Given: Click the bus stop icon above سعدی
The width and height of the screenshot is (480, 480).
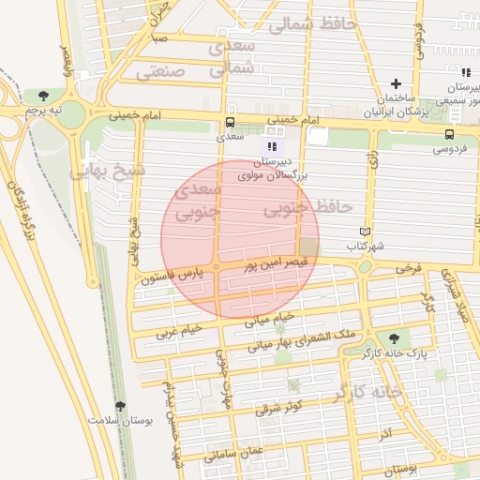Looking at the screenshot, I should pos(231,123).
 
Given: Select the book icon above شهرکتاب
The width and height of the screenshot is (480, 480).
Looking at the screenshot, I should pos(366,232).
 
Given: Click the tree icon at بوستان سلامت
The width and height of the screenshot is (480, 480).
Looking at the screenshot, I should pos(119,406).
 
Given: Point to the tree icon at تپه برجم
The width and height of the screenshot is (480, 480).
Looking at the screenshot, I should pos(43,95).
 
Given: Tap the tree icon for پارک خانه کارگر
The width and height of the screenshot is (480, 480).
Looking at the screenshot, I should pos(392,339).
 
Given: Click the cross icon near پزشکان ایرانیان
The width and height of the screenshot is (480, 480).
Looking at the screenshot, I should pos(396,84).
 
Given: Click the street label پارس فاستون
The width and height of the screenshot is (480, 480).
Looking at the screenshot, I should pos(172,276).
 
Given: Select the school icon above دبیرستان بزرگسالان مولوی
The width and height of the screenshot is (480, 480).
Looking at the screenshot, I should pos(272,147).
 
